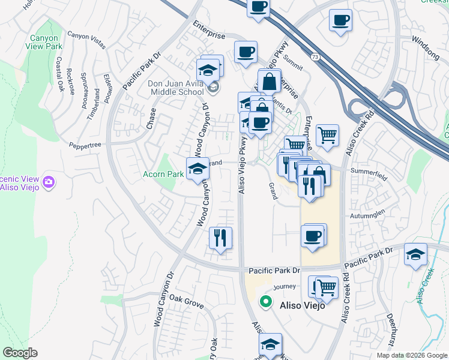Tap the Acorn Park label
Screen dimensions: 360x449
pyautogui.click(x=163, y=174)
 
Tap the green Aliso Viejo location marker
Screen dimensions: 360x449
pyautogui.click(x=264, y=302)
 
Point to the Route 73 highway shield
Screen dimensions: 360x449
pyautogui.click(x=315, y=56)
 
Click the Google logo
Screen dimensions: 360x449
pyautogui.click(x=20, y=353)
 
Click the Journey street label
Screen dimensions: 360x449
pyautogui.click(x=285, y=287)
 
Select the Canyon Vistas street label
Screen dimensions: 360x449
pyautogui.click(x=85, y=35)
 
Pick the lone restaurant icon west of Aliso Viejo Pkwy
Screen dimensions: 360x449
pyautogui.click(x=220, y=238)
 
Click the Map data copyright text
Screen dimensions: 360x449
pyautogui.click(x=411, y=355)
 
